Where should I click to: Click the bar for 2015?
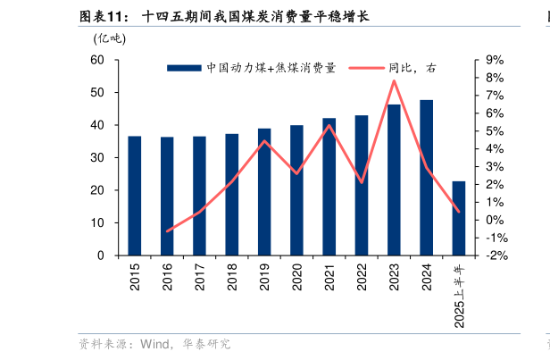(135, 196)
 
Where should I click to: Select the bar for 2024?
(427, 178)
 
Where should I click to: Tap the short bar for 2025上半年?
(459, 218)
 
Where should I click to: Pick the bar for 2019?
(264, 192)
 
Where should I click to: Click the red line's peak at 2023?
(394, 81)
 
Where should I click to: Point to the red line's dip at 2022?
(362, 182)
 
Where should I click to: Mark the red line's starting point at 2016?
(167, 230)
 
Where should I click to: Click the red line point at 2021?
(329, 125)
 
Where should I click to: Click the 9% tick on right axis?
(496, 60)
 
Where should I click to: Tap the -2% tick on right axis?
(496, 255)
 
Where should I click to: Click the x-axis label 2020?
(297, 277)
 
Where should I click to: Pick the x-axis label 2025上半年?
(459, 296)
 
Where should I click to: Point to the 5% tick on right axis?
(496, 131)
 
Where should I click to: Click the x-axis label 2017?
(200, 277)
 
